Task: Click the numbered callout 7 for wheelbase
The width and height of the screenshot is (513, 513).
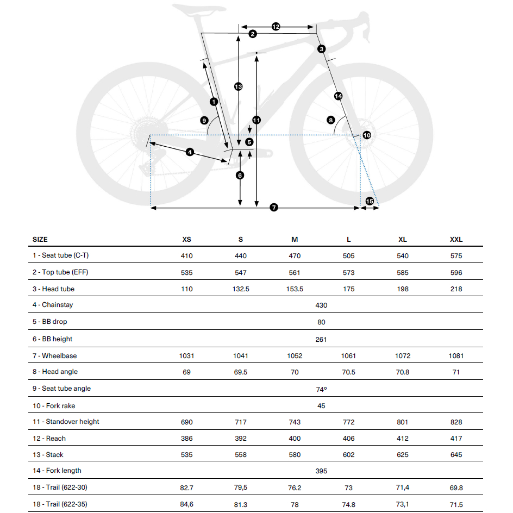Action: tap(274, 208)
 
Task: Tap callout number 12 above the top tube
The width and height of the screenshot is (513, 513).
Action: tap(276, 27)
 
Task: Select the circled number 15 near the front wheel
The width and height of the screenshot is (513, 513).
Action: tap(370, 202)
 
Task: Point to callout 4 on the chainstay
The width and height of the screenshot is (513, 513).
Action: tap(190, 152)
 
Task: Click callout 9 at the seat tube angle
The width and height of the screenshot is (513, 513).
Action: tap(204, 121)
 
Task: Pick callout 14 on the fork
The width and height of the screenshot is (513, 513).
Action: tap(339, 96)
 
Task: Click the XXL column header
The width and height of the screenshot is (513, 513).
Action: tap(456, 240)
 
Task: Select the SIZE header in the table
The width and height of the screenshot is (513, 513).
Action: tap(40, 240)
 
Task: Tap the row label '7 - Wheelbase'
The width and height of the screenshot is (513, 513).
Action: tap(54, 356)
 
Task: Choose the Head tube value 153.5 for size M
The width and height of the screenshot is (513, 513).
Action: tap(295, 289)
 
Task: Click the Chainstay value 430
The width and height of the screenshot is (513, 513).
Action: tap(321, 305)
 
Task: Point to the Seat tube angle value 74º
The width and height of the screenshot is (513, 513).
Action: tap(321, 389)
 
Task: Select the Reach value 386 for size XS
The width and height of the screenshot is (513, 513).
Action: tap(186, 439)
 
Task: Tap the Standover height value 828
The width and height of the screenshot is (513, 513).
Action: tap(456, 422)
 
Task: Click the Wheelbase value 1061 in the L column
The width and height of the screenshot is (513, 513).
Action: tap(348, 356)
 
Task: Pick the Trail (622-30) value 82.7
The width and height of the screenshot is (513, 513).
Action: tap(186, 488)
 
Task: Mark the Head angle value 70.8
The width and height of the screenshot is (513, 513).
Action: tap(403, 372)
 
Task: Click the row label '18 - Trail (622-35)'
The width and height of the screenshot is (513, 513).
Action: tap(60, 504)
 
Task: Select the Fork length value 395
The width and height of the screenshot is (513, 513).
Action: tap(321, 471)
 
